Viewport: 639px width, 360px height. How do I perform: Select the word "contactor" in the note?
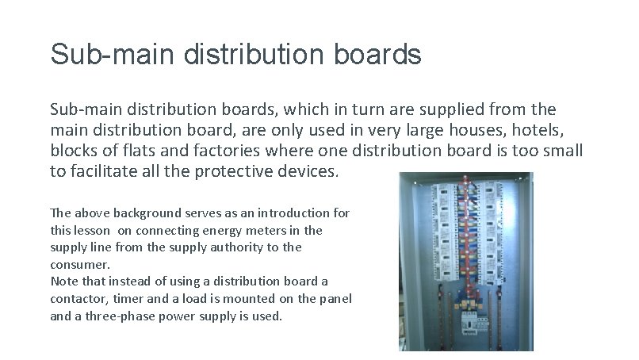pyautogui.click(x=78, y=298)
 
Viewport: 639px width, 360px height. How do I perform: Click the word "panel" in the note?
pyautogui.click(x=335, y=298)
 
